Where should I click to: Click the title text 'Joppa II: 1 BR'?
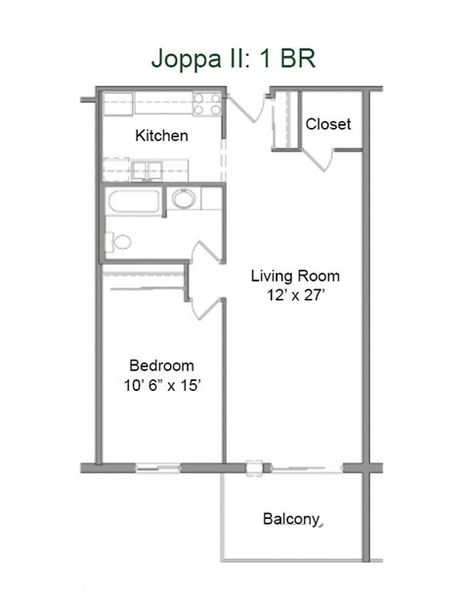click(233, 58)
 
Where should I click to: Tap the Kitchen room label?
click(161, 135)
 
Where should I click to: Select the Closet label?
click(327, 124)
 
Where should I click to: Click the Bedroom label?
click(161, 366)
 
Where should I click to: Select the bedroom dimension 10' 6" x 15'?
click(161, 386)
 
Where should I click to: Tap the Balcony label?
click(291, 519)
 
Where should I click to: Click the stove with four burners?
click(206, 103)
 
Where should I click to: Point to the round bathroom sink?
click(184, 200)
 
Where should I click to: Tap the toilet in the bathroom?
click(119, 241)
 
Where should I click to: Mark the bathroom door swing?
click(204, 259)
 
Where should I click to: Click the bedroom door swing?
click(207, 308)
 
